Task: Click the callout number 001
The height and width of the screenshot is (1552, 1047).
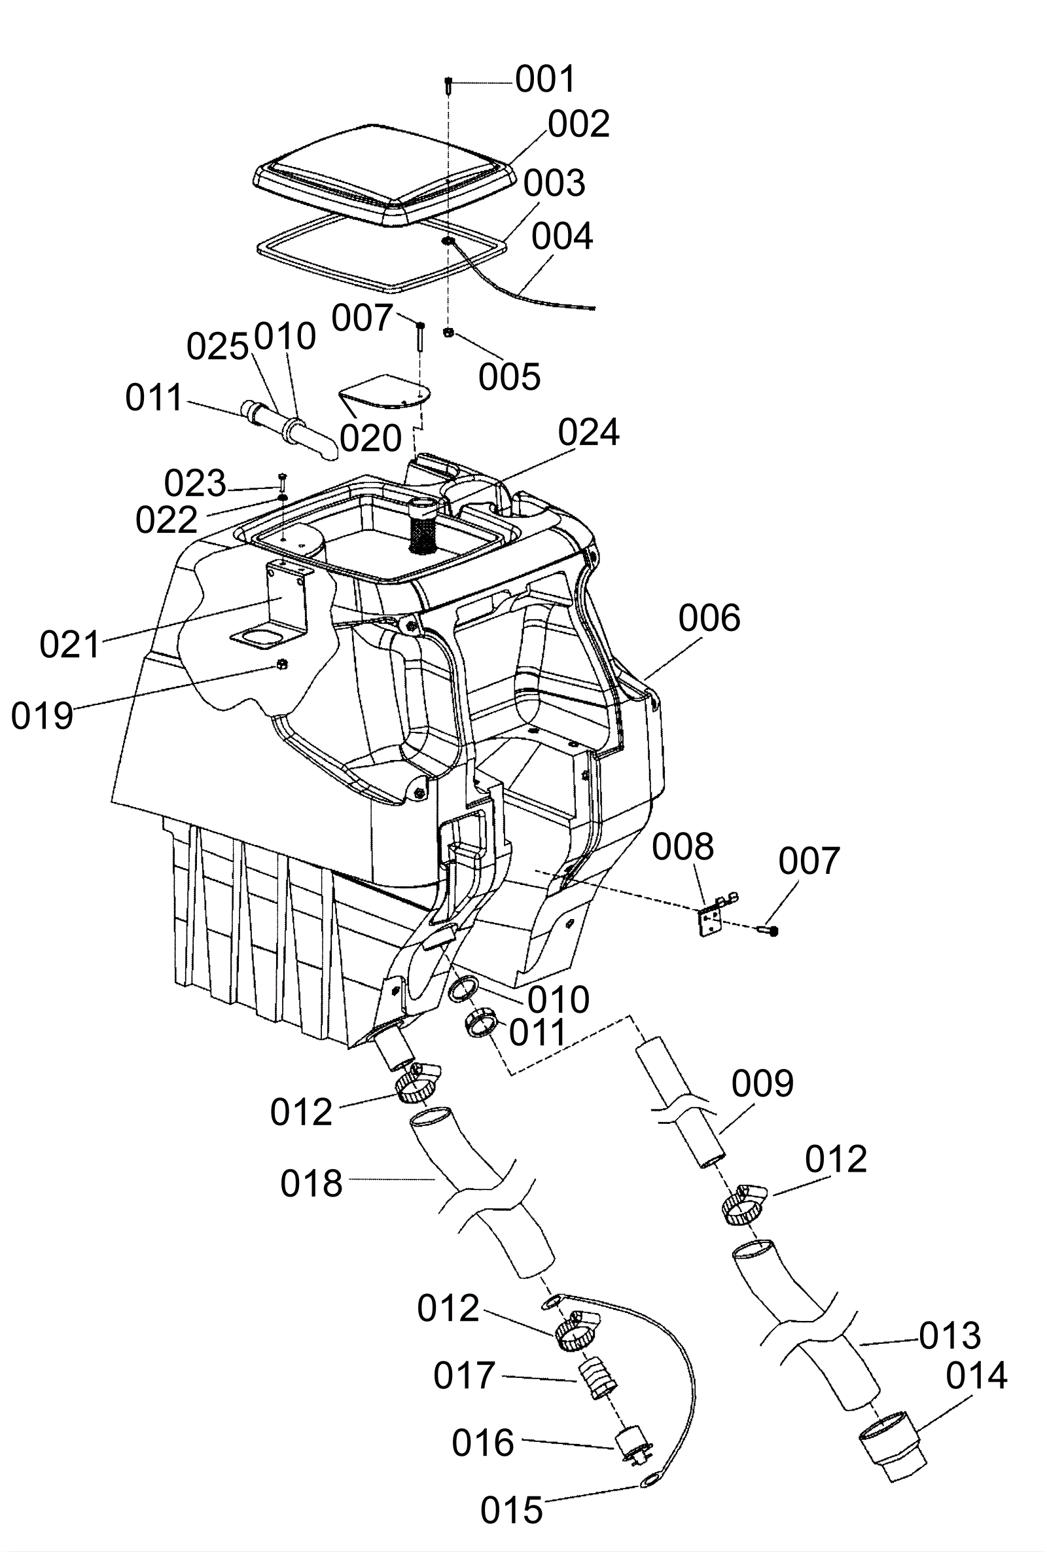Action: tap(545, 79)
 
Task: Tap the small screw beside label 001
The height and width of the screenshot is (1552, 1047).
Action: tap(449, 86)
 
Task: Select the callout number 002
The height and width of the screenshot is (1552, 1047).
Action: tap(578, 124)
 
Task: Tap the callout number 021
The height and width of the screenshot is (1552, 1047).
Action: tap(69, 645)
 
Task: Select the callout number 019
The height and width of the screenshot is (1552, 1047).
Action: tap(41, 716)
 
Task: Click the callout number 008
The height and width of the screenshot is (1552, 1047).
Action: tap(683, 847)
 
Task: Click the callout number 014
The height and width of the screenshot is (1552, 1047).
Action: tap(976, 1377)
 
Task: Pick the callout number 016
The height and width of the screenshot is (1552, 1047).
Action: tap(483, 1443)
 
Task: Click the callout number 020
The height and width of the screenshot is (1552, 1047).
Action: tap(370, 438)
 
